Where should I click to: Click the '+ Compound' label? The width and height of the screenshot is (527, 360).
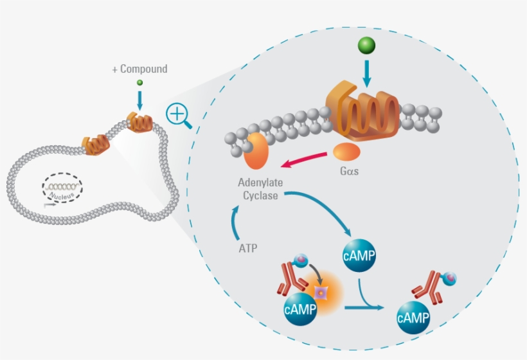click(x=139, y=69)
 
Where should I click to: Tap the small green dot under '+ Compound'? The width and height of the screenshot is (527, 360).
click(x=139, y=84)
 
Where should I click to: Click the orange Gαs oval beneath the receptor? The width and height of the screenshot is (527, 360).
click(x=346, y=152)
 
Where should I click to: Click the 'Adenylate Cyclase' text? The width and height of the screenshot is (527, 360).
click(x=261, y=189)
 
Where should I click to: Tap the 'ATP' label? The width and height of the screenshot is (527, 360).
click(x=247, y=248)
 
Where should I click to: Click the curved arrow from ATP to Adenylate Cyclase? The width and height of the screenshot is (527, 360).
click(x=235, y=222)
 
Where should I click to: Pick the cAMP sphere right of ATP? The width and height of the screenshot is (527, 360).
click(x=359, y=256)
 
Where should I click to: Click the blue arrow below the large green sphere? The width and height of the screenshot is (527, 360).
click(x=367, y=73)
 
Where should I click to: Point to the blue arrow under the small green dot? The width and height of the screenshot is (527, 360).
click(x=139, y=99)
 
